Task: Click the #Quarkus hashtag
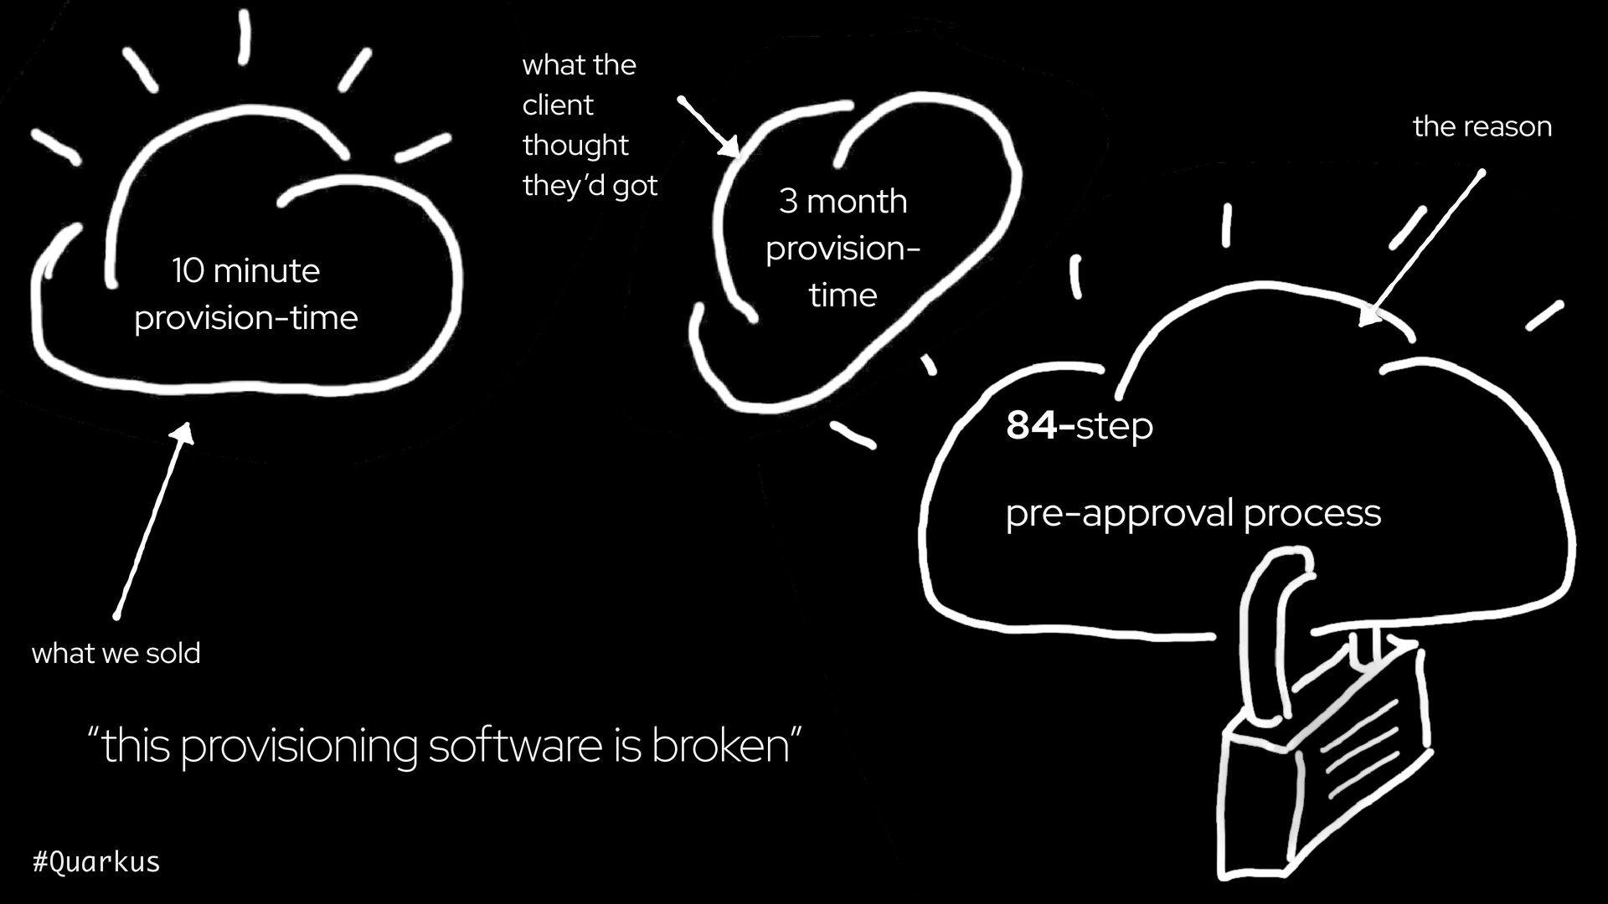95,861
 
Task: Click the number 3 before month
788,202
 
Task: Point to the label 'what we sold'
116,653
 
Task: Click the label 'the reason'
1482,126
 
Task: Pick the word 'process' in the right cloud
1312,513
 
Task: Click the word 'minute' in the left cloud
266,271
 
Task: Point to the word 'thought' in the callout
575,146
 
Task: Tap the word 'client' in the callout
557,105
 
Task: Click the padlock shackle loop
1269,619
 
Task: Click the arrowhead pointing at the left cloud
183,431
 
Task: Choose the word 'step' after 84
1114,426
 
